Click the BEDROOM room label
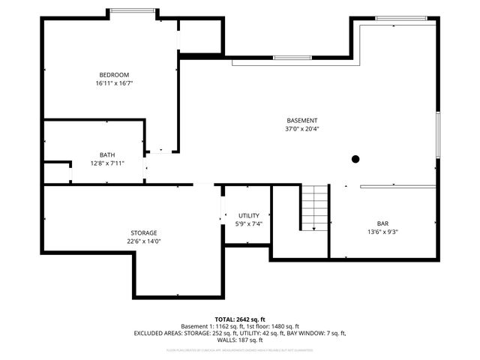114,74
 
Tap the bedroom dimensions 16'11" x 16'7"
114,83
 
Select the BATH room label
107,155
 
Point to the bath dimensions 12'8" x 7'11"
107,163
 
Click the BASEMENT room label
302,121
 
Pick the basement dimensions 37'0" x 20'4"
302,129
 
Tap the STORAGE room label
144,232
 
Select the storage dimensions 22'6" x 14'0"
144,241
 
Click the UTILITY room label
248,215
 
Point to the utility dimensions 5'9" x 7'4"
248,223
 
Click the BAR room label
382,223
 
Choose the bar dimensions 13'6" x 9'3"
382,232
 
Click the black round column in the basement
355,159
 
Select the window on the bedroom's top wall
133,10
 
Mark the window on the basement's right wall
438,135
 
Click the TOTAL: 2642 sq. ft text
240,319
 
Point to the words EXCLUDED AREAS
159,333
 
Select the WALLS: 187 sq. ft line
240,340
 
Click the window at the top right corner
401,18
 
